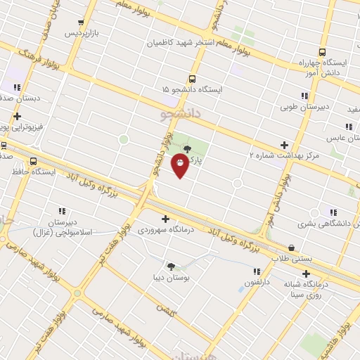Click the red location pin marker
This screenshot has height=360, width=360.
[x=180, y=165]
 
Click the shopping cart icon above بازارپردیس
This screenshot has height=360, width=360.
[x=83, y=22]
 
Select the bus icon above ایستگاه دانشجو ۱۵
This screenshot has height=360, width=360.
[x=192, y=79]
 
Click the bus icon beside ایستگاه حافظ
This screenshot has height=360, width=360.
[x=34, y=160]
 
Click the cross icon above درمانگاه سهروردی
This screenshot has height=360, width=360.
[x=165, y=219]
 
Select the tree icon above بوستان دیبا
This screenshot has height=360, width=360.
[x=171, y=266]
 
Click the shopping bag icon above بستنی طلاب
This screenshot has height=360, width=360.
[x=292, y=247]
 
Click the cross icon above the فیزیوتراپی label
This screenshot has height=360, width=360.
[x=18, y=117]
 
